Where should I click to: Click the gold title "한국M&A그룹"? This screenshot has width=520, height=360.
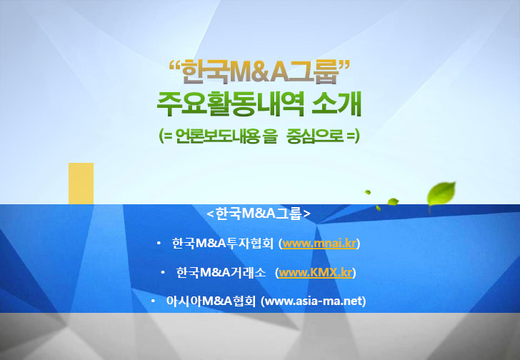pyautogui.click(x=259, y=72)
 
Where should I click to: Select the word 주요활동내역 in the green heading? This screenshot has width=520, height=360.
pyautogui.click(x=231, y=104)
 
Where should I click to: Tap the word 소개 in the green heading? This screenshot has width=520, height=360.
pyautogui.click(x=336, y=104)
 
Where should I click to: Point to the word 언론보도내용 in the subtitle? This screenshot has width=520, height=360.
pyautogui.click(x=218, y=136)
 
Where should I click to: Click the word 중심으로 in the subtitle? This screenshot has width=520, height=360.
pyautogui.click(x=315, y=136)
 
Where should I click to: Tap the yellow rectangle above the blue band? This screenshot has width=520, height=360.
pyautogui.click(x=81, y=184)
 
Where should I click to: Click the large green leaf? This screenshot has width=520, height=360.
pyautogui.click(x=441, y=194)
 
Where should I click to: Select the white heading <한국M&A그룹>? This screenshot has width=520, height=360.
pyautogui.click(x=259, y=214)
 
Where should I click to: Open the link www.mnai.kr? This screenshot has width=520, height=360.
pyautogui.click(x=319, y=244)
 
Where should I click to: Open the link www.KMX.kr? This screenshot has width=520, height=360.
pyautogui.click(x=316, y=272)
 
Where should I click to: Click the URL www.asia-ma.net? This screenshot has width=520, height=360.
pyautogui.click(x=314, y=301)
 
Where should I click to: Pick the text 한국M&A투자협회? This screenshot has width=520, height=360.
pyautogui.click(x=223, y=244)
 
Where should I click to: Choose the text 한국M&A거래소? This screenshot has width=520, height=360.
pyautogui.click(x=221, y=272)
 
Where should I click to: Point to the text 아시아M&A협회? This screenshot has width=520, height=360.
pyautogui.click(x=211, y=301)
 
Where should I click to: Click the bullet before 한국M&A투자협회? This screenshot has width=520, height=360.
pyautogui.click(x=159, y=244)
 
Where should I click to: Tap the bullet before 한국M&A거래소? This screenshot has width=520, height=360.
pyautogui.click(x=163, y=272)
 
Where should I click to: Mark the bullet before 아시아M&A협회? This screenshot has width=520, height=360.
pyautogui.click(x=153, y=301)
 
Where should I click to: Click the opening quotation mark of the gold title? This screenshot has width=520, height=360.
pyautogui.click(x=175, y=64)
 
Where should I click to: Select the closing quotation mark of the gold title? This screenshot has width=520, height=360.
pyautogui.click(x=344, y=64)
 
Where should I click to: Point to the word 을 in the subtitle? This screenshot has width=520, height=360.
pyautogui.click(x=269, y=136)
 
